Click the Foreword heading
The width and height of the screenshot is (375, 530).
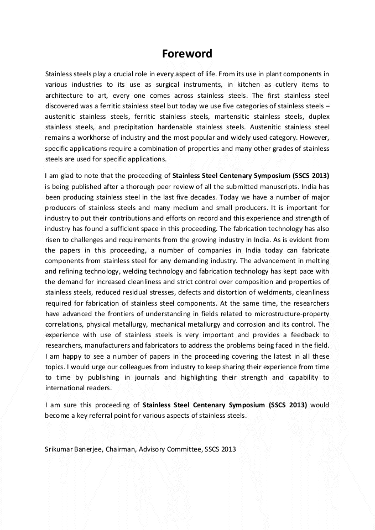click(187, 54)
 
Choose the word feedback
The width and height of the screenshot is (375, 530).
click(300, 335)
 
